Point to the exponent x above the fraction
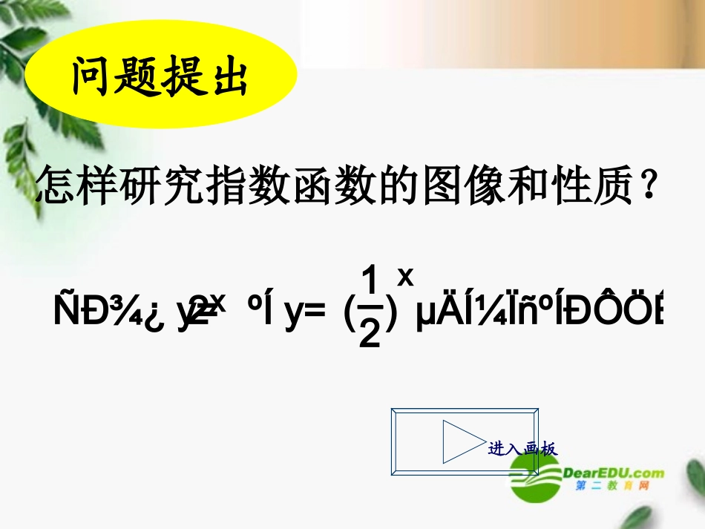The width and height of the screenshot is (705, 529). tap(405, 276)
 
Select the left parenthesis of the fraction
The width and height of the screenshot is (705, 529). tap(350, 315)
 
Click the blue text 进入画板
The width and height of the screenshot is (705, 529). tap(522, 449)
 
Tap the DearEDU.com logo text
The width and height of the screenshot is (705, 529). tap(614, 473)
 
